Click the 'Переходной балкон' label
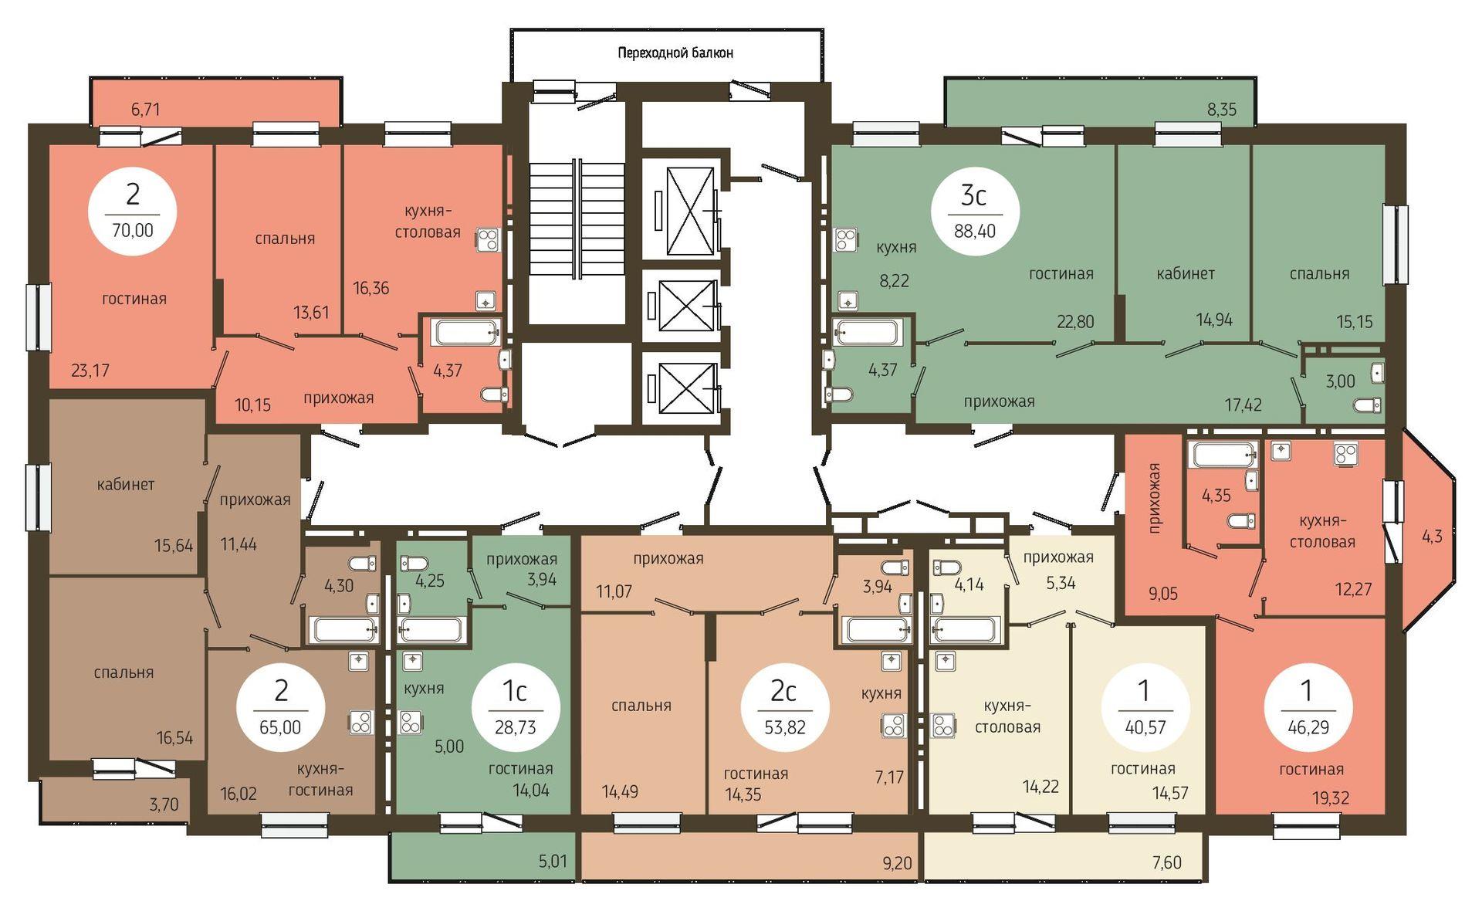pos(675,53)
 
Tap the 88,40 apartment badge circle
pos(975,212)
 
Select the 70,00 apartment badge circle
pos(133,211)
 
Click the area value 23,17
pos(90,371)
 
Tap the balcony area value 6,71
pos(145,110)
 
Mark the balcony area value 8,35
pos(1222,110)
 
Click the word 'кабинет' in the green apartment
pos(1186,274)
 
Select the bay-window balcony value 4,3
pos(1432,537)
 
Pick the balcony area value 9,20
pos(897,862)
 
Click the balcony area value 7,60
pos(1166,862)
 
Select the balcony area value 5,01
pos(553,861)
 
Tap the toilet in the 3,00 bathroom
pos(1367,405)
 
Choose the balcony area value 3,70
pos(164,804)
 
